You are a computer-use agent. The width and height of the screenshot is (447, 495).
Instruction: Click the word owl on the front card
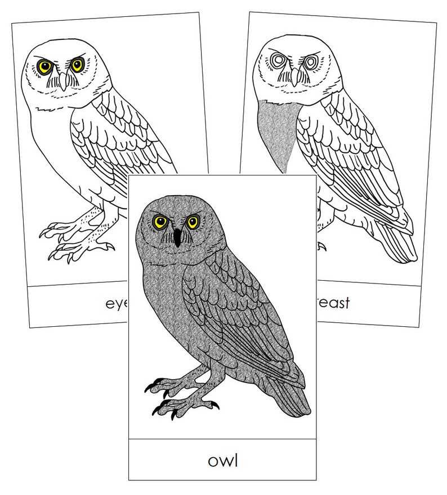[x=223, y=460]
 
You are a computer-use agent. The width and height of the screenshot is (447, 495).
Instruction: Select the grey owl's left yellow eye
[x=159, y=222]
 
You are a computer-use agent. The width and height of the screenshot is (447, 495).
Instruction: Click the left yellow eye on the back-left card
[x=45, y=67]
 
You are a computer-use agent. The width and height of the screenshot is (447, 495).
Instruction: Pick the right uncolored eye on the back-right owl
[x=309, y=60]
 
